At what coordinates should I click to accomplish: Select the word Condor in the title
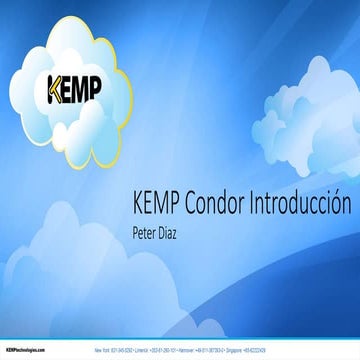coord(218,204)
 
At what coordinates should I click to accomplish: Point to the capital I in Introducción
coord(254,204)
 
